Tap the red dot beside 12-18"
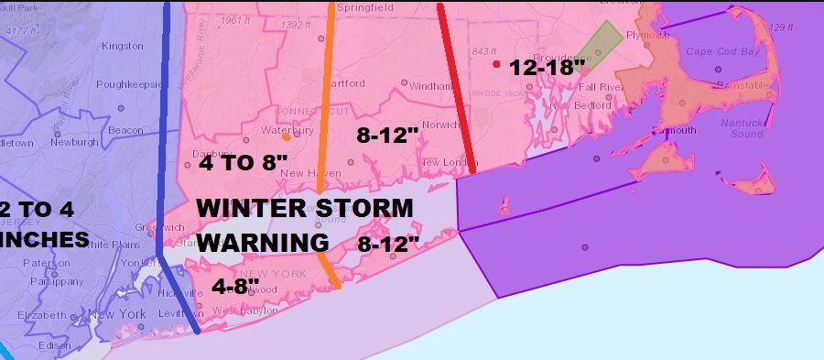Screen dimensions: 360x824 point(495,64)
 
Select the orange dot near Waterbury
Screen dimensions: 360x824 point(287,138)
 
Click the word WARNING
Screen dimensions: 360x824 point(263,243)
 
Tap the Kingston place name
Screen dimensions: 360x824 point(122,45)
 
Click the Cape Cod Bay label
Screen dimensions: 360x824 point(723,52)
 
